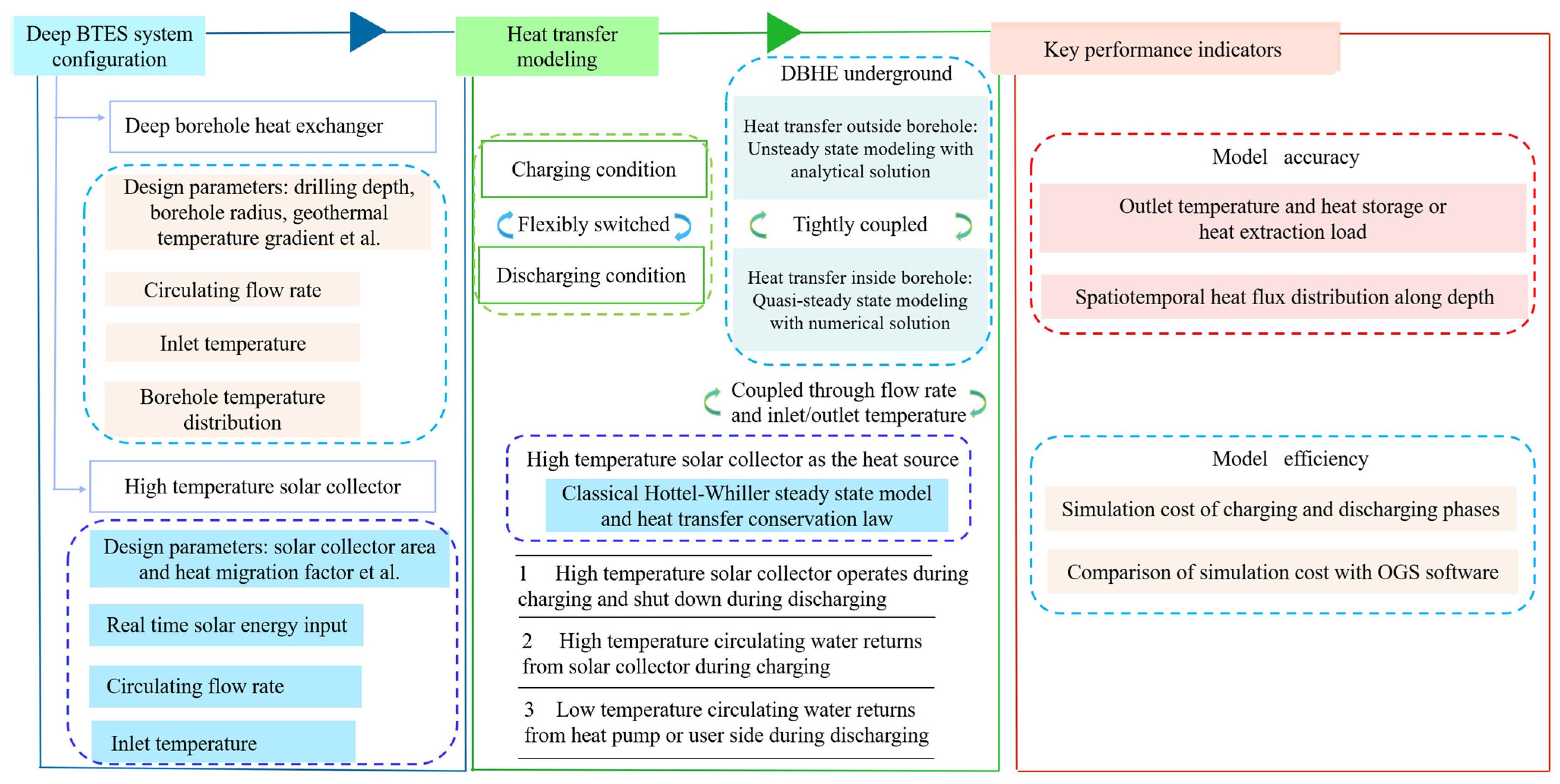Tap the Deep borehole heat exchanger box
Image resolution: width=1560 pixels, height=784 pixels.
click(x=272, y=126)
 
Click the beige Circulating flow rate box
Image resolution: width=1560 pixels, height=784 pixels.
click(x=232, y=290)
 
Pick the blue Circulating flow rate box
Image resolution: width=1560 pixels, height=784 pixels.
click(x=225, y=686)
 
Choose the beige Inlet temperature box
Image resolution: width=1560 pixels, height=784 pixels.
click(x=232, y=343)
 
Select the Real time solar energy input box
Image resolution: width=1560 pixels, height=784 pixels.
click(x=226, y=625)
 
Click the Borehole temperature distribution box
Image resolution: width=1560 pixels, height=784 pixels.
click(x=232, y=409)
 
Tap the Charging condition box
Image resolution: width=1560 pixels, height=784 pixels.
click(x=593, y=169)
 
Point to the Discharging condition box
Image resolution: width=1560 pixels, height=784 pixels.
click(x=591, y=275)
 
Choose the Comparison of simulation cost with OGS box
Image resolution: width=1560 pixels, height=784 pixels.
click(x=1282, y=572)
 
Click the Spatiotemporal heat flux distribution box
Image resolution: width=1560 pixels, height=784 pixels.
click(x=1284, y=297)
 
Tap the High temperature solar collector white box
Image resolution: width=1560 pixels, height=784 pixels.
click(x=262, y=486)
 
